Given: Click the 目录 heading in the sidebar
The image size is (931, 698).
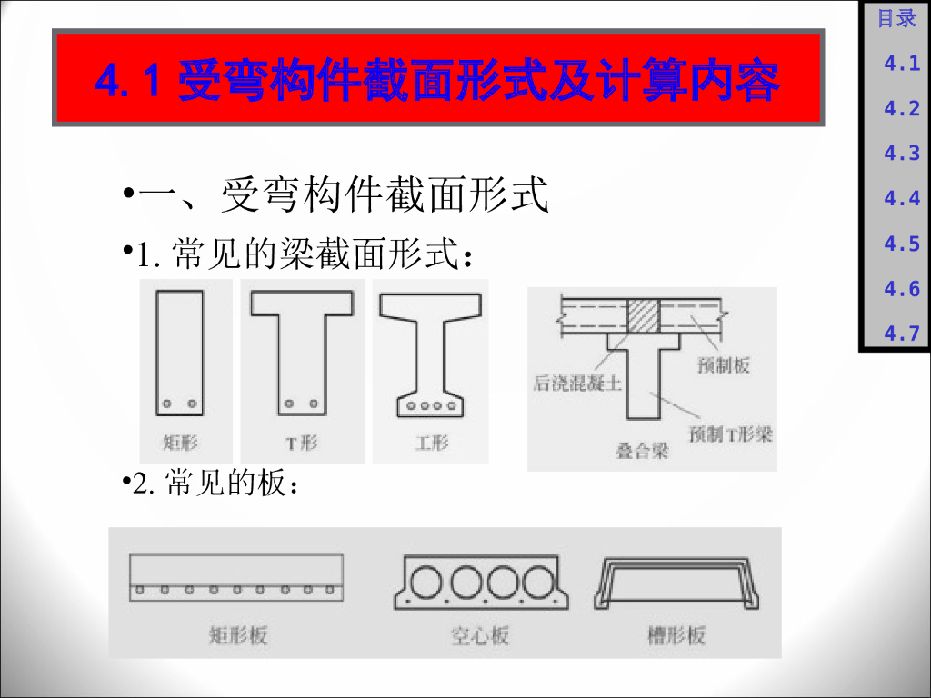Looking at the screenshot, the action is pyautogui.click(x=896, y=18).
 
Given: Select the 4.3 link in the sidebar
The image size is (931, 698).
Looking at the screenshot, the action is pyautogui.click(x=901, y=153).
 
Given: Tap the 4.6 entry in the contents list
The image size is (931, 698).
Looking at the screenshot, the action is pyautogui.click(x=901, y=288).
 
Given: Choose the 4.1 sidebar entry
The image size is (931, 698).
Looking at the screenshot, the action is pyautogui.click(x=901, y=63).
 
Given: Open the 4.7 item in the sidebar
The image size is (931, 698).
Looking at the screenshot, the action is pyautogui.click(x=901, y=333).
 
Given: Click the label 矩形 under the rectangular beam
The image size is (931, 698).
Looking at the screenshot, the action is pyautogui.click(x=180, y=443).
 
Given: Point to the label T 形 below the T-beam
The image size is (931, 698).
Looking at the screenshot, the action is pyautogui.click(x=302, y=443).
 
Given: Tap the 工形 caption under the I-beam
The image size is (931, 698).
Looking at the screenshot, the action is pyautogui.click(x=432, y=443).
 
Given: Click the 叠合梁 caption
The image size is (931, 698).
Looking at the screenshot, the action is pyautogui.click(x=642, y=451).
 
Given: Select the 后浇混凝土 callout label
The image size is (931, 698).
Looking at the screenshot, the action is pyautogui.click(x=576, y=384).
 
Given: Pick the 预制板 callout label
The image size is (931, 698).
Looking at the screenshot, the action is pyautogui.click(x=723, y=365).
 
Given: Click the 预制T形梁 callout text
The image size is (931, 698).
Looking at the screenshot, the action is pyautogui.click(x=730, y=434).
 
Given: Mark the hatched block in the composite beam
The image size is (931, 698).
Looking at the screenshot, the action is pyautogui.click(x=644, y=315).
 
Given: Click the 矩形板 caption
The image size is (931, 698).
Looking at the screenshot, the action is pyautogui.click(x=238, y=635).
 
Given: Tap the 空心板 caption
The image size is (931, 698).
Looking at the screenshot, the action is pyautogui.click(x=480, y=635).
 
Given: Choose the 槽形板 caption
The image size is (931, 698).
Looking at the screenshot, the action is pyautogui.click(x=676, y=635).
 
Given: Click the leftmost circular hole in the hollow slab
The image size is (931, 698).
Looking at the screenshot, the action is pyautogui.click(x=425, y=583).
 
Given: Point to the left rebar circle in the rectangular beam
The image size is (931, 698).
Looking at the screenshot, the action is pyautogui.click(x=167, y=404).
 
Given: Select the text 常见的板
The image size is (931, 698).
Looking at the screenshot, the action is pyautogui.click(x=225, y=482).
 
